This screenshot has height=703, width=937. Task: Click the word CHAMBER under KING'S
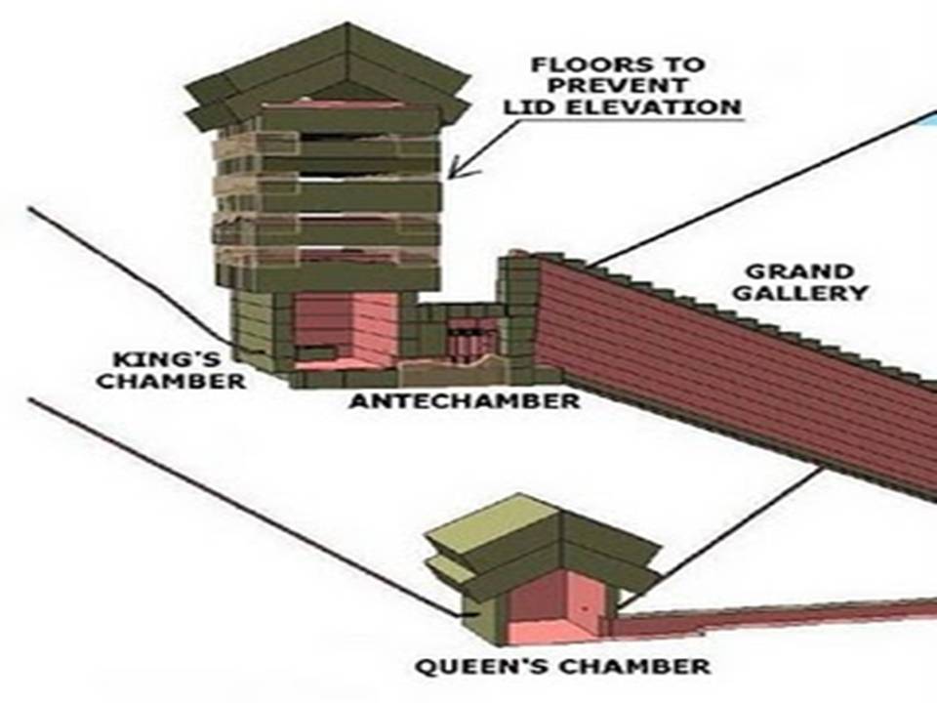tap(172, 381)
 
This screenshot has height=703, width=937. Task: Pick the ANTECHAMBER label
tap(465, 401)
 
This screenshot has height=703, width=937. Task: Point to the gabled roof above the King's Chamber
tap(327, 68)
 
